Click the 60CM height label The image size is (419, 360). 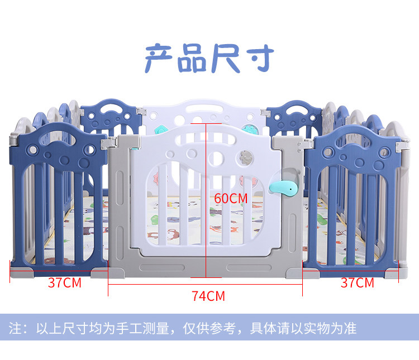click(231, 198)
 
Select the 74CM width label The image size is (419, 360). click(208, 296)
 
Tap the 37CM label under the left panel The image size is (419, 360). click(64, 282)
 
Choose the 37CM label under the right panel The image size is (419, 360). click(357, 282)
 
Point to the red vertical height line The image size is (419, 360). click(207, 234)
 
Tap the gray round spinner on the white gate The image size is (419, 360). click(244, 157)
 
